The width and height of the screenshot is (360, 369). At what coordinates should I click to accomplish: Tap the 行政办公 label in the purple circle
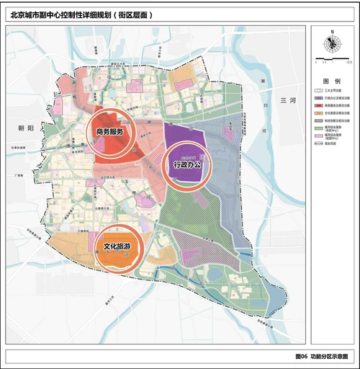click(186, 165)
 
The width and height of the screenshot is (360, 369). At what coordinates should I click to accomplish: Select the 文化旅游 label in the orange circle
click(117, 246)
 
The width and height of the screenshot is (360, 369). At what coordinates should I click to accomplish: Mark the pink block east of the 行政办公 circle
click(228, 135)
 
